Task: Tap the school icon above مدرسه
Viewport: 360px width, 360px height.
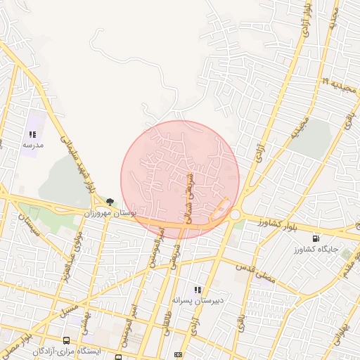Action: coord(32,134)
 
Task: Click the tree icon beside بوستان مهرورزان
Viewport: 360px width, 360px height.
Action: coord(110,202)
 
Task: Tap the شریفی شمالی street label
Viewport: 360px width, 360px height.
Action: coord(188,199)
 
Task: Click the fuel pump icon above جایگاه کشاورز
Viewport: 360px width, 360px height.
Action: coord(324,238)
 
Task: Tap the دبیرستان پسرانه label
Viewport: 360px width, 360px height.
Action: coord(198,300)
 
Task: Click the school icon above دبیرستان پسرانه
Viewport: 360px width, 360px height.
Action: coord(198,290)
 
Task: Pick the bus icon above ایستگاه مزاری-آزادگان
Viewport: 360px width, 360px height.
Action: coord(66,340)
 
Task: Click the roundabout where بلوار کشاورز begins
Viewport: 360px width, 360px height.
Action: coord(235,215)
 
